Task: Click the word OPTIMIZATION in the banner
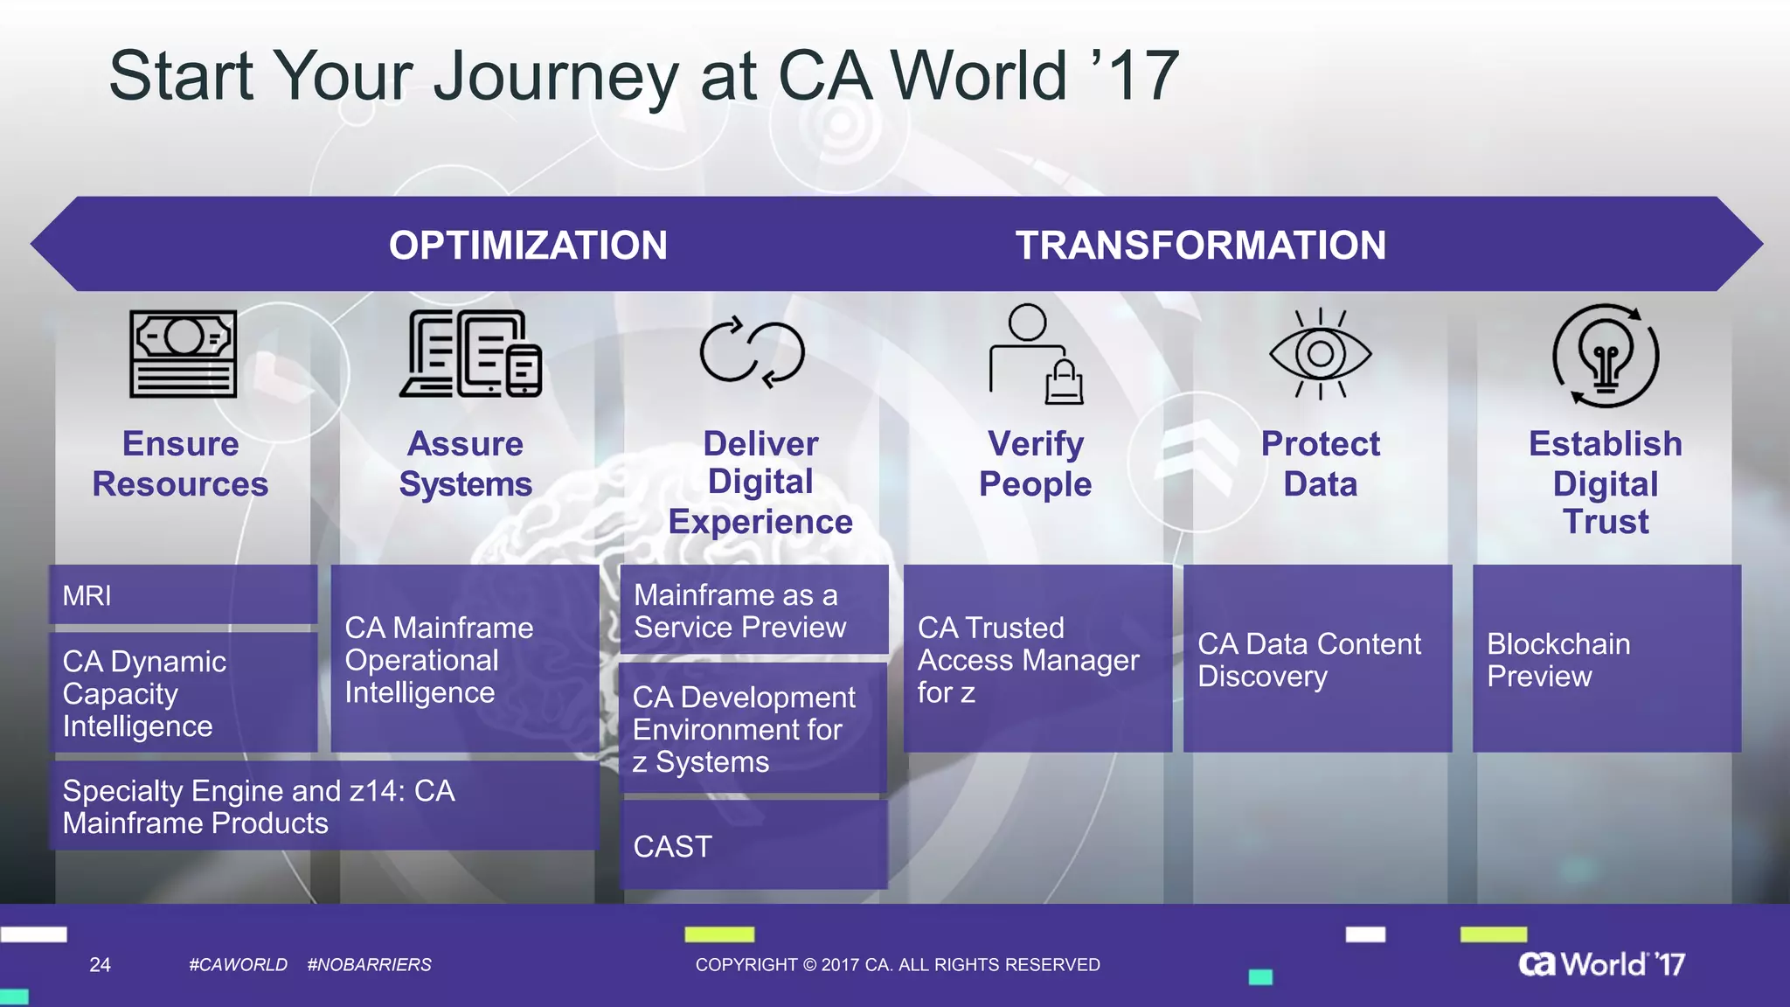click(x=528, y=245)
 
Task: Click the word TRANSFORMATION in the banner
click(x=1200, y=245)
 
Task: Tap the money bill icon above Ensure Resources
click(x=183, y=354)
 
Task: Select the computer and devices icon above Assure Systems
click(x=470, y=354)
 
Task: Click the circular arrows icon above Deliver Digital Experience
click(x=752, y=352)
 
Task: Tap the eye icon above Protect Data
click(x=1320, y=353)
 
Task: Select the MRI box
click(x=183, y=595)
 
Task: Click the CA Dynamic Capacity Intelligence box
click(x=183, y=693)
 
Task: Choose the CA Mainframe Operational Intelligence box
click(x=464, y=659)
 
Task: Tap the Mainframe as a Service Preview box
click(x=753, y=610)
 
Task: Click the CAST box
click(x=753, y=846)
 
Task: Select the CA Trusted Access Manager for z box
click(x=1037, y=659)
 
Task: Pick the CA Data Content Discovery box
click(x=1317, y=659)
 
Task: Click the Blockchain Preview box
click(x=1606, y=659)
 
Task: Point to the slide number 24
click(x=100, y=964)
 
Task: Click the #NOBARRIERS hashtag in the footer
click(x=369, y=964)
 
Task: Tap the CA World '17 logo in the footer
click(x=1601, y=963)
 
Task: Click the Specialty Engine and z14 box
click(x=323, y=807)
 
